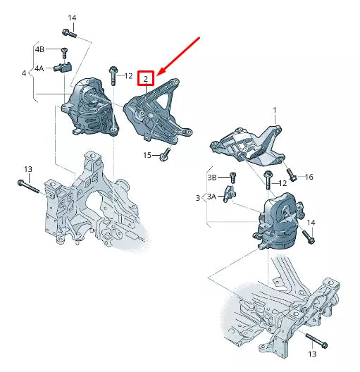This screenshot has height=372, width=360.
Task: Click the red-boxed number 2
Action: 145,79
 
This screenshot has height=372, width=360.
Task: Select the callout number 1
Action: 275,111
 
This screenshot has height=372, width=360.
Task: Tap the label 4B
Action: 40,49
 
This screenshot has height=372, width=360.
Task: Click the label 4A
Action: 40,68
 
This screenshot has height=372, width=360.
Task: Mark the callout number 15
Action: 147,154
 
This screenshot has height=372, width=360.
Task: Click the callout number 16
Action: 309,177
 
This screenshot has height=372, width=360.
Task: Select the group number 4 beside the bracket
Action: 23,73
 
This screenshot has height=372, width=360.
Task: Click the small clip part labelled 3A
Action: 230,193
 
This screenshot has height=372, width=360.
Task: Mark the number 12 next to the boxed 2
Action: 128,75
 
